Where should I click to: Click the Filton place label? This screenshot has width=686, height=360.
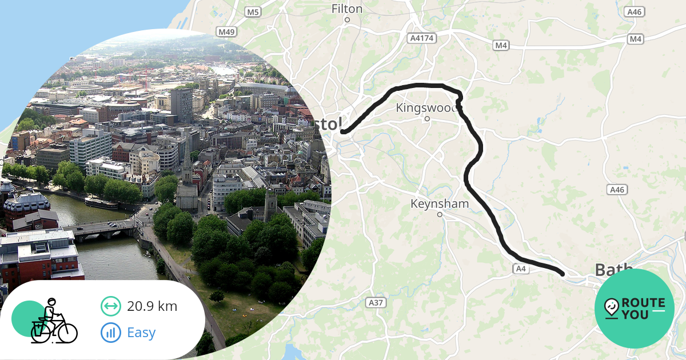point(347,9)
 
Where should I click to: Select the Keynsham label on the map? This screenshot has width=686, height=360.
point(440,203)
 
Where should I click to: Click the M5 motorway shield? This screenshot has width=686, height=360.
point(253,12)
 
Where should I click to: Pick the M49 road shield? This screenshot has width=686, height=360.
point(227,31)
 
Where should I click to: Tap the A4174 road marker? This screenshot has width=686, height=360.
point(422,38)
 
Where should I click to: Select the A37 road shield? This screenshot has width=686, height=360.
point(375,302)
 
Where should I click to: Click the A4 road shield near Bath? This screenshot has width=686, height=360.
point(520,268)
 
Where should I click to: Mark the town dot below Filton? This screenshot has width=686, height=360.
point(347,20)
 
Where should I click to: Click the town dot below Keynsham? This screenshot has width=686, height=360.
point(440,215)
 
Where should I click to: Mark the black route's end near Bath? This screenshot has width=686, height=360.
point(563,274)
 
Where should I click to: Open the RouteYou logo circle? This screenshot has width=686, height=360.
point(635,309)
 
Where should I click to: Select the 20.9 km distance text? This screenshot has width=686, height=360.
point(152,306)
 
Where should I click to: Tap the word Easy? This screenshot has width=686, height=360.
point(141,333)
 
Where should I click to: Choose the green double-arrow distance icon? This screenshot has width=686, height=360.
point(110,306)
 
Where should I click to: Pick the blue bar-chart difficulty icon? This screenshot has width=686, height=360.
point(110,333)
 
